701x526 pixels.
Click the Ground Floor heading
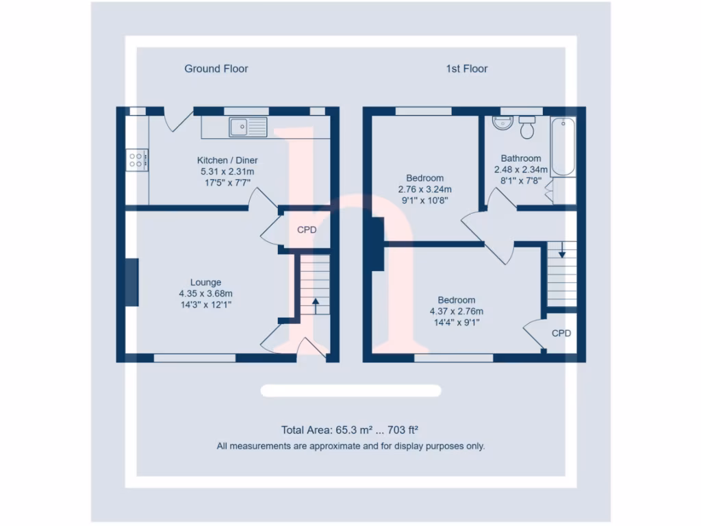(216, 68)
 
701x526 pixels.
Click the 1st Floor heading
(467, 68)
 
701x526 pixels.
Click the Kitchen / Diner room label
(227, 160)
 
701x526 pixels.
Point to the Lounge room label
(205, 282)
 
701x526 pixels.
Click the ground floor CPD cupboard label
(307, 230)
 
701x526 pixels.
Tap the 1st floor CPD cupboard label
(561, 334)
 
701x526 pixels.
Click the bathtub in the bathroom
(563, 147)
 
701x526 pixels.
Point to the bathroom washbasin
(502, 123)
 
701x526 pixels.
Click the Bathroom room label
(520, 158)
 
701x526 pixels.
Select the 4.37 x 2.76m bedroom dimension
(456, 311)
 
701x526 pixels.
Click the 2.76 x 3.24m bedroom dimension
(424, 190)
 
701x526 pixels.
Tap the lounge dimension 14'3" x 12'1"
(205, 305)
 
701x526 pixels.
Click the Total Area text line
(350, 431)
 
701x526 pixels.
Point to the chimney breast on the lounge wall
(131, 281)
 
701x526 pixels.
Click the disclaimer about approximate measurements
(350, 446)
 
